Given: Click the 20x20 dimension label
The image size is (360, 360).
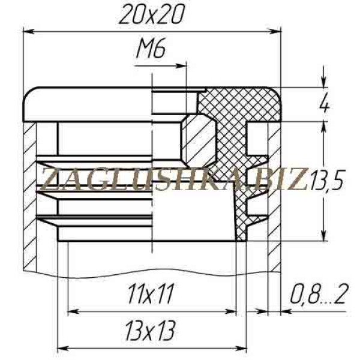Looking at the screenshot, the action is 152,15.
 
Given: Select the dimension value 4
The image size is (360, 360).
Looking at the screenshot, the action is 325,104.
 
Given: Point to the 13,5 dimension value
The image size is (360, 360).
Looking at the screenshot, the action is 327,181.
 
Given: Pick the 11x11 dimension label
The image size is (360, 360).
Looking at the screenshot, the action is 150,294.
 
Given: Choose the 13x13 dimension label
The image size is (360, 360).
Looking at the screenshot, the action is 151,331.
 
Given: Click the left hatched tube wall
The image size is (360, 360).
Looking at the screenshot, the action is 29,196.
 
